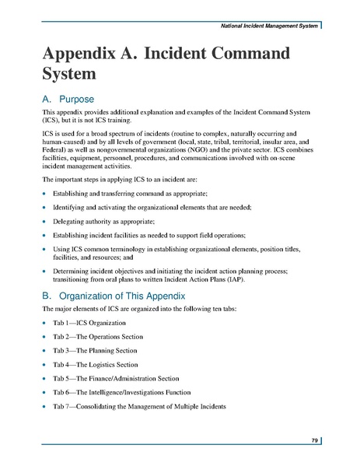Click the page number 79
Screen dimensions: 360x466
pyautogui.click(x=315, y=441)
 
